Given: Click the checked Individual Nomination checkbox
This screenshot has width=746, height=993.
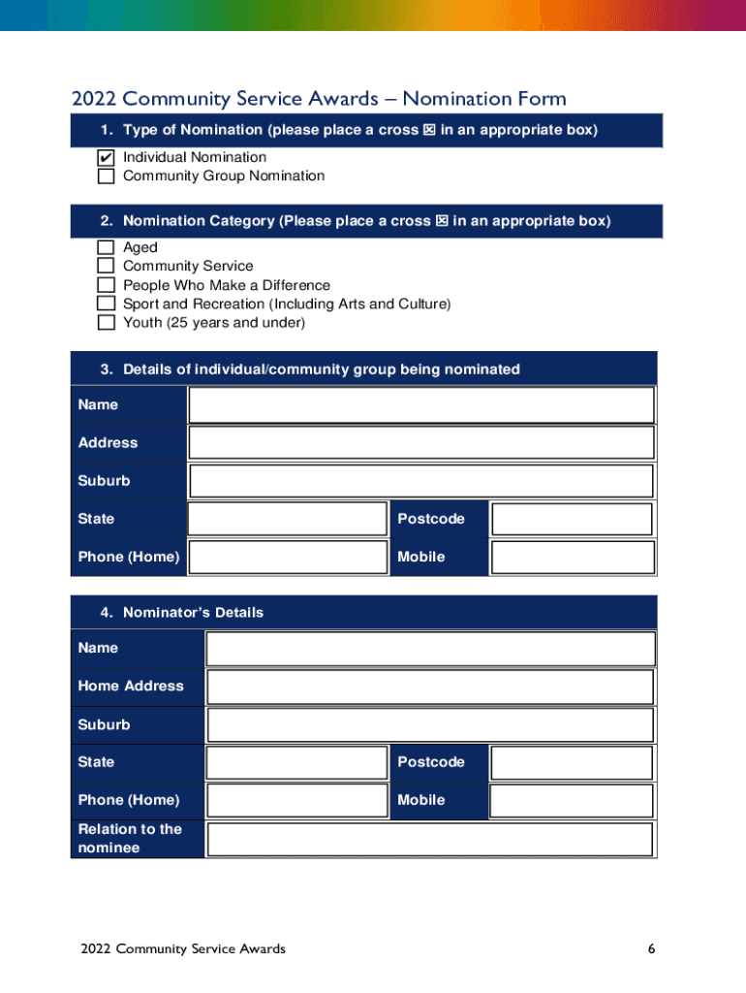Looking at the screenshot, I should coord(106,157).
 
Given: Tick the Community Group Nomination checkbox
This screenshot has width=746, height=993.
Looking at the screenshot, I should coord(106,176).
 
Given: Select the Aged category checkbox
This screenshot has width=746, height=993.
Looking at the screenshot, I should coord(106,248).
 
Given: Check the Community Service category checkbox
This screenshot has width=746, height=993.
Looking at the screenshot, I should coord(106,267).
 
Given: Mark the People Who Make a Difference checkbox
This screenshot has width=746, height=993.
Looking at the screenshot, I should coord(106,285).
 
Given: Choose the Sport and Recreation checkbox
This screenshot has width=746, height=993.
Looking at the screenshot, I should coord(106,304).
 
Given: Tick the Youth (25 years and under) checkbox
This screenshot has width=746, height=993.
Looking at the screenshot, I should coord(106,322).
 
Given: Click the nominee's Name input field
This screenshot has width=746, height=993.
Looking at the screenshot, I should coord(421,405).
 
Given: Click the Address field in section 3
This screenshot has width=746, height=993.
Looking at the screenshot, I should coord(421,442).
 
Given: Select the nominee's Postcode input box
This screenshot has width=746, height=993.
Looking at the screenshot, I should coord(572,519).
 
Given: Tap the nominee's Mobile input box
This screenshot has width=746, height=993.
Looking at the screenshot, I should coord(572,557).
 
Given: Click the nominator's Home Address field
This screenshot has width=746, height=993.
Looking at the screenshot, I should coord(430,687).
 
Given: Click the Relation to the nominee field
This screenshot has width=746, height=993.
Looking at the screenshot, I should coord(430,839).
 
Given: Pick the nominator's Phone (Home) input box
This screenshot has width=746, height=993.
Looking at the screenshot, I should coord(296,800).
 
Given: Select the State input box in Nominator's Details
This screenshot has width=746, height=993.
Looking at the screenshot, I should coord(296,762).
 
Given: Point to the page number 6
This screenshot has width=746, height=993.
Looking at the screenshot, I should coord(652,948).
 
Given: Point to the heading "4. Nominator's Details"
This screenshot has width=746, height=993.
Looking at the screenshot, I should coord(182,613).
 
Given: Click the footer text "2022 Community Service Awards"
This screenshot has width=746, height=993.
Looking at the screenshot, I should coord(183,948).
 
